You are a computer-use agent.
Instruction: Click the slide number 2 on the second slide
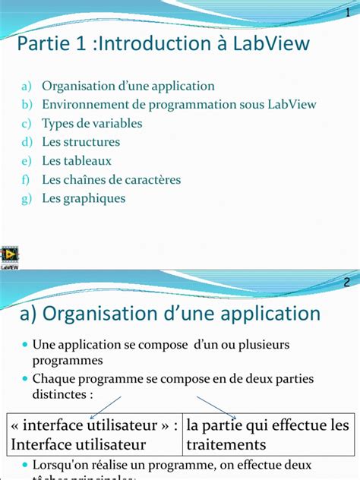(x=347, y=282)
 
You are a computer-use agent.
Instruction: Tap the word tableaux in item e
(x=87, y=161)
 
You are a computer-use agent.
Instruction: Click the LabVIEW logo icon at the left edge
(x=11, y=257)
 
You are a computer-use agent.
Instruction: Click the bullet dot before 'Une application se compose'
(x=25, y=346)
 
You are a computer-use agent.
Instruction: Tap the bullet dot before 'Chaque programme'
(x=25, y=379)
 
